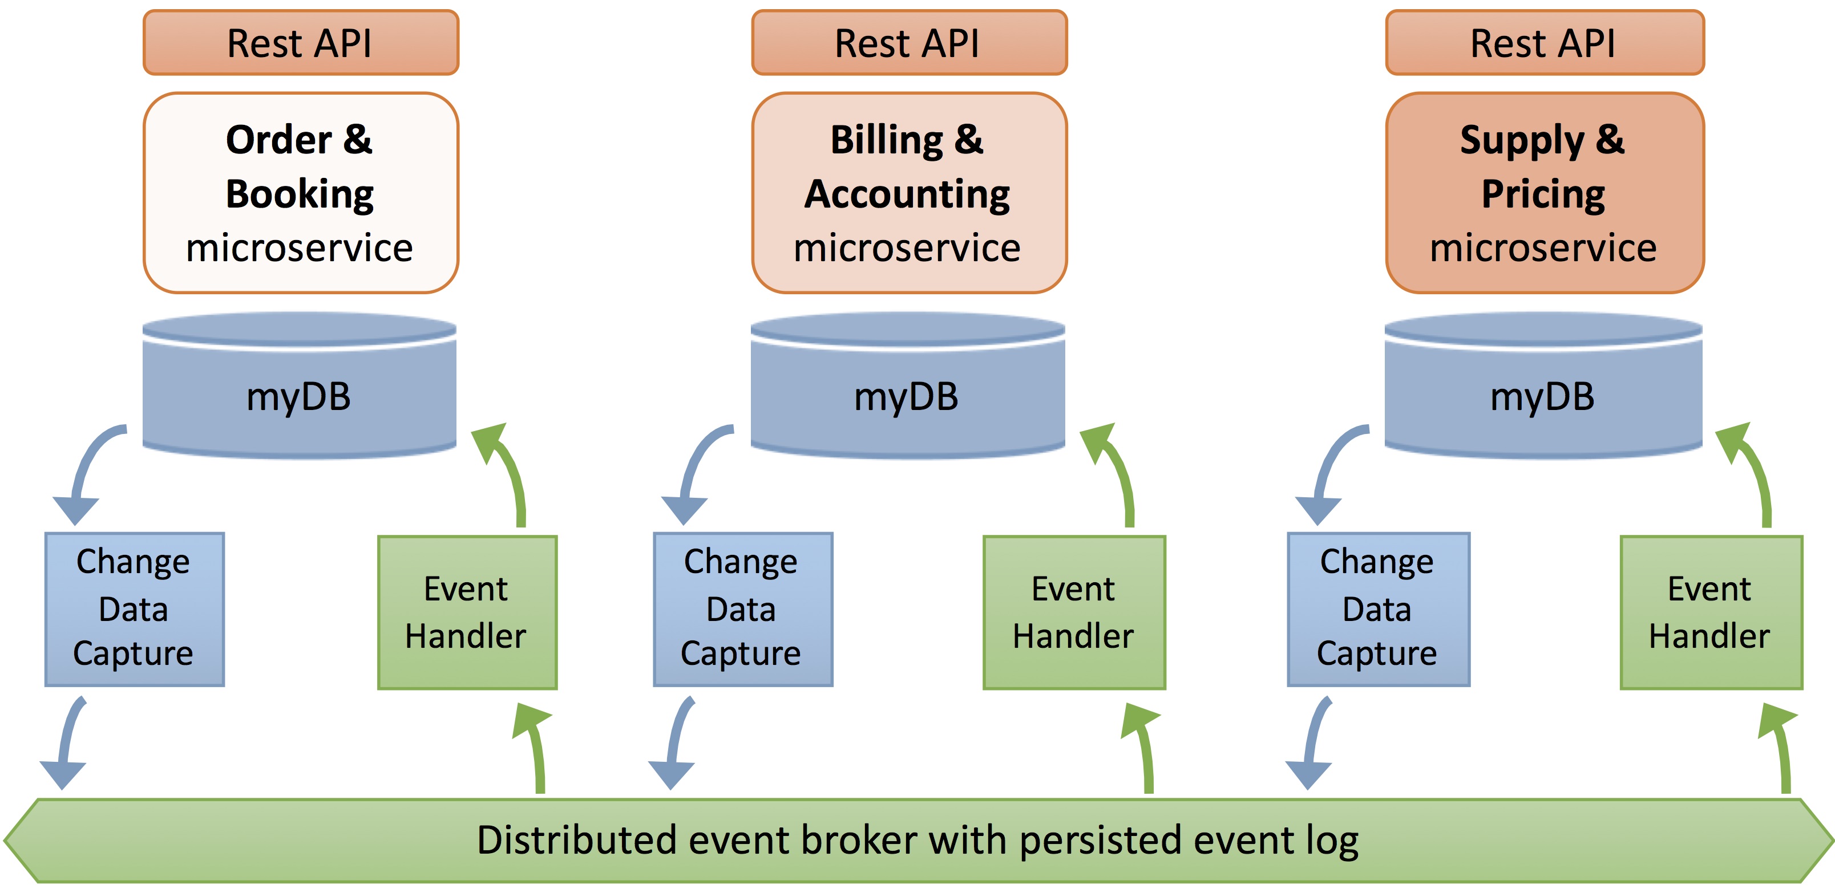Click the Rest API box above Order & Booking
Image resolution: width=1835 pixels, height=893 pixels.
301,43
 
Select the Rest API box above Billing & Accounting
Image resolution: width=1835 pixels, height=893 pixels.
909,43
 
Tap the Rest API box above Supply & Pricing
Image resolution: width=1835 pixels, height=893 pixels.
1545,43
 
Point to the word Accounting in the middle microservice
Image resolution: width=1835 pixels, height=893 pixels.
907,194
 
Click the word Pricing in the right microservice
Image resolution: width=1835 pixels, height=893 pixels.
1543,194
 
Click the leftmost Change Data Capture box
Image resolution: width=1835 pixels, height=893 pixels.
135,609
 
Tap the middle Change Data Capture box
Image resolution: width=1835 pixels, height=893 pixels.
743,609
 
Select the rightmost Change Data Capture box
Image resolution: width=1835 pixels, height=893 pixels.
1379,609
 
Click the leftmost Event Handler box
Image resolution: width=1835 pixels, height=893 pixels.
467,612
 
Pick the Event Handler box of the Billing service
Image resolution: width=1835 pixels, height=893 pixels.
1074,612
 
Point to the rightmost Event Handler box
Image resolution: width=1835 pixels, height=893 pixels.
1711,612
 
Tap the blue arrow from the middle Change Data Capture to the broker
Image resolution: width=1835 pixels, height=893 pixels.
676,741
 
